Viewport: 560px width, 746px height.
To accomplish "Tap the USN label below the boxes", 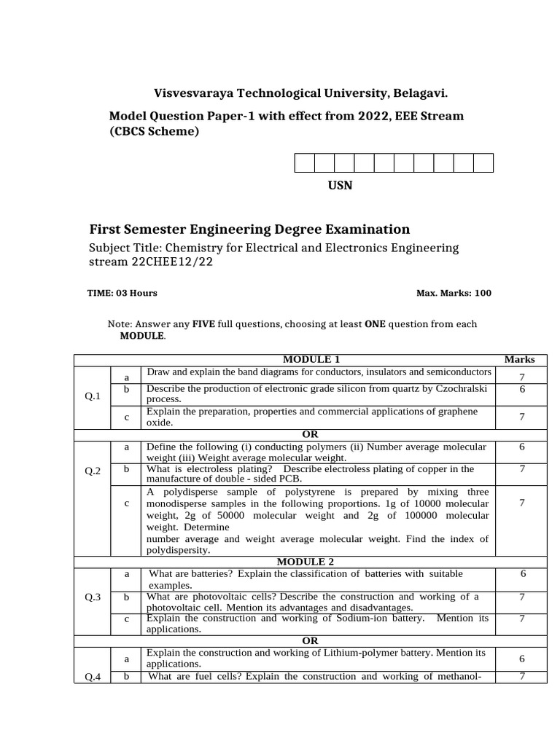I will tap(340, 185).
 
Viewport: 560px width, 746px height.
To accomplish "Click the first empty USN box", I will tap(304, 162).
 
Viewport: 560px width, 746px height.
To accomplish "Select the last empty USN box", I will tap(483, 162).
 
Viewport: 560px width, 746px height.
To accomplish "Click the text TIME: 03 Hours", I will tap(122, 293).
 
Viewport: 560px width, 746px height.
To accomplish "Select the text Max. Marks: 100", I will tap(454, 293).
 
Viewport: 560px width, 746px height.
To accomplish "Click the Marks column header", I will tap(519, 359).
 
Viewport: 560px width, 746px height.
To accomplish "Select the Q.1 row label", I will tap(93, 396).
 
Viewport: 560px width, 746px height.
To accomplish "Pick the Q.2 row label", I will tap(93, 471).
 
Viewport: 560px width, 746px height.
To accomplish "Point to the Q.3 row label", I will tap(93, 597).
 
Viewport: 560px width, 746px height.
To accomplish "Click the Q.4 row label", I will tap(93, 677).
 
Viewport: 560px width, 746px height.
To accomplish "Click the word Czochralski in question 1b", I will tap(459, 389).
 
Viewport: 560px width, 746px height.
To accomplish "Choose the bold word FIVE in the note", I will tap(202, 324).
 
